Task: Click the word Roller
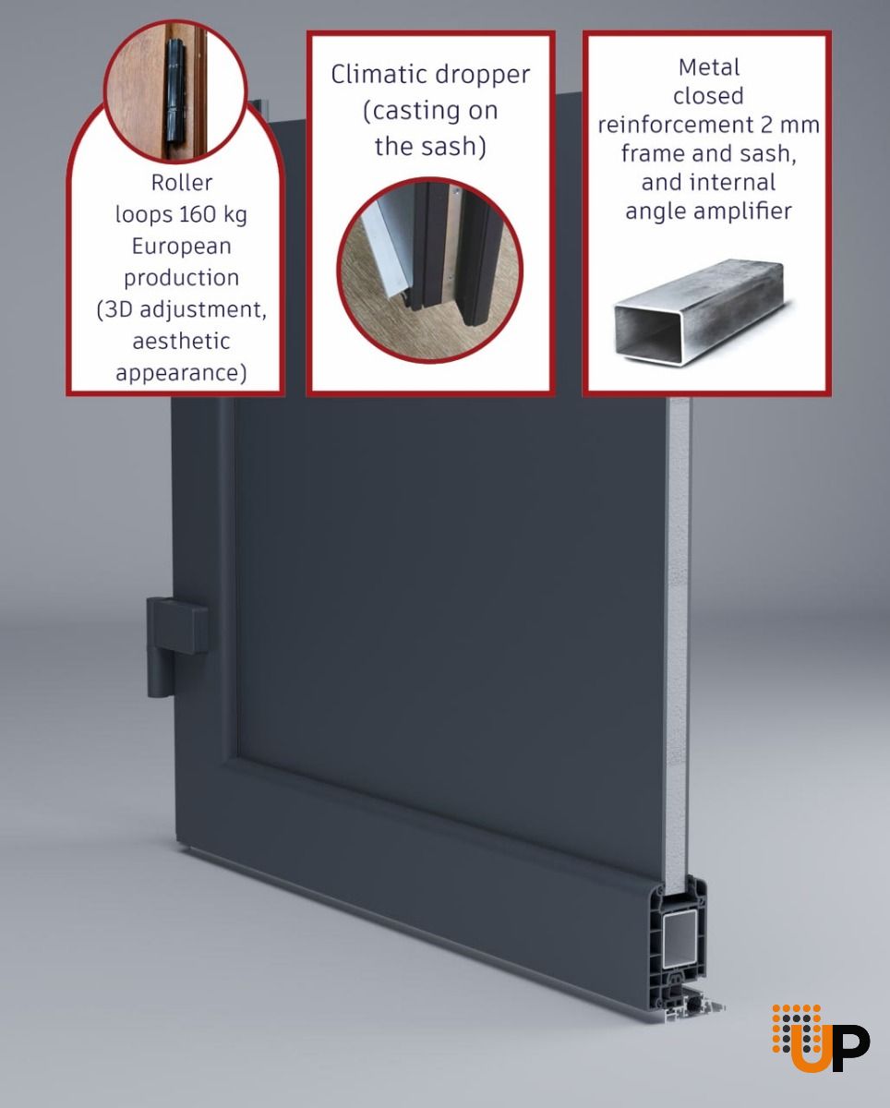[x=181, y=182]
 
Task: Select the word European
[x=181, y=247]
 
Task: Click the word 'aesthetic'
[x=181, y=341]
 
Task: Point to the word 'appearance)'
[x=181, y=373]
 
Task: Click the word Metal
[x=709, y=67]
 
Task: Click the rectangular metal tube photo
[x=700, y=313]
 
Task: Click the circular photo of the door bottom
[x=430, y=270]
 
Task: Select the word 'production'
[x=181, y=279]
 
